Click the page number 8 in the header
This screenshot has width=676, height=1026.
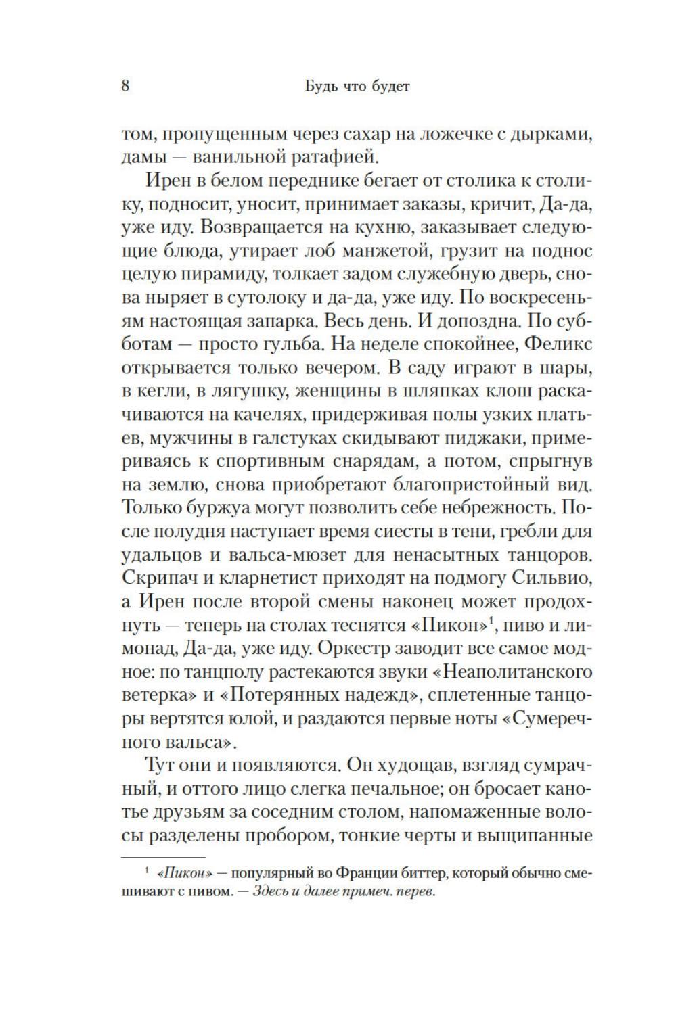pyautogui.click(x=125, y=87)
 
